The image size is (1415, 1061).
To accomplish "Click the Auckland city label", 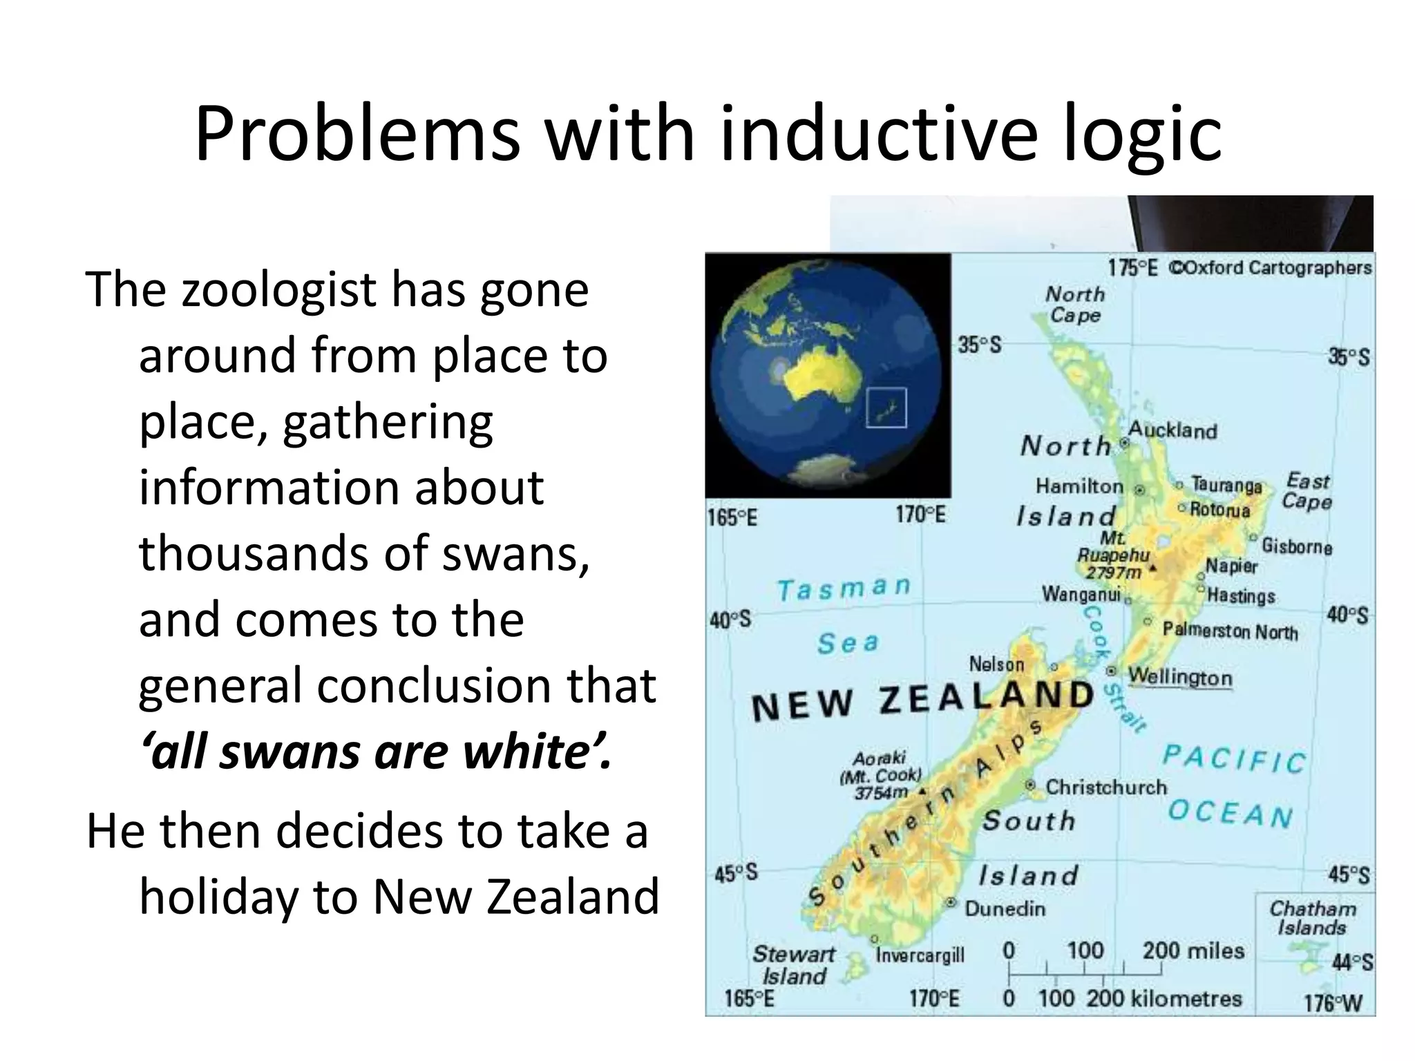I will click(1172, 431).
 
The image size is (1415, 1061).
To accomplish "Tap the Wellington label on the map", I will click(1180, 677).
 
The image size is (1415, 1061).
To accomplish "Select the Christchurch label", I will click(1105, 787).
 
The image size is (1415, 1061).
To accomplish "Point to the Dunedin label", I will click(1005, 908).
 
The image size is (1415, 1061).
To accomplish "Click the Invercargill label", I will click(920, 955).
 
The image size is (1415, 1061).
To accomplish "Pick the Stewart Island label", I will click(793, 965).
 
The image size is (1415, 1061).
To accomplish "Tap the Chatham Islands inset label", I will click(1312, 918).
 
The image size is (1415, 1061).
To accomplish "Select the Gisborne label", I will click(1297, 546).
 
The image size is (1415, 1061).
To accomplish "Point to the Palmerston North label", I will click(1230, 631).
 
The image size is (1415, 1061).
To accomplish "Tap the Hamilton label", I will click(1079, 486).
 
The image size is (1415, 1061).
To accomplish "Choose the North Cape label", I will click(1075, 305).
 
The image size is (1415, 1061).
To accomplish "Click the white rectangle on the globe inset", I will click(886, 408).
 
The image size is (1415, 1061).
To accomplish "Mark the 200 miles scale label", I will click(1193, 951).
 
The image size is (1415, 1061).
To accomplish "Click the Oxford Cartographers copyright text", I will click(1270, 267).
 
